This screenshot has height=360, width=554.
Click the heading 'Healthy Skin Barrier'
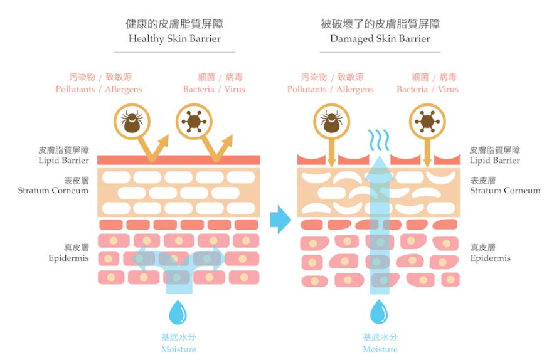174,38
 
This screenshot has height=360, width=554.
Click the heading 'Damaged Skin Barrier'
380,38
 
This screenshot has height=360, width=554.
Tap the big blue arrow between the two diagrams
280,220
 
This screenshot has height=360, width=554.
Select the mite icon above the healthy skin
132,122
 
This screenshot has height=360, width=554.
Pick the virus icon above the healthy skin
194,122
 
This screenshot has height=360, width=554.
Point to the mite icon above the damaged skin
331,122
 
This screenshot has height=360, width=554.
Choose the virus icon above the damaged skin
427,122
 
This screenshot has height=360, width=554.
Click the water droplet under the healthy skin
178,312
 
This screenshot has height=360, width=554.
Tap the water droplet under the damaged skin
379,312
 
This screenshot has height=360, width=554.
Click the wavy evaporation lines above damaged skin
379,139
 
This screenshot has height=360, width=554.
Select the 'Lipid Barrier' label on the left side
63,161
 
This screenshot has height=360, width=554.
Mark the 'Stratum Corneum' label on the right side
505,191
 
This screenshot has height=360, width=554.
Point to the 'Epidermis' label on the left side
68,258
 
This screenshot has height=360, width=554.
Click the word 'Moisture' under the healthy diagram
178,349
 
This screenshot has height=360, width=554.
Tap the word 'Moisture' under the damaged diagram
380,349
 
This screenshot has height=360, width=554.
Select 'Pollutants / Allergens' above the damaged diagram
331,90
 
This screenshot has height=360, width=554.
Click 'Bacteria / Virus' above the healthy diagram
214,89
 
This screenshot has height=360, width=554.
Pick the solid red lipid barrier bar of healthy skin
178,160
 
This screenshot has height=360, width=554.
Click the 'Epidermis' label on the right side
491,258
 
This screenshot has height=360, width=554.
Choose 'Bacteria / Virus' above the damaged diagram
427,89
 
